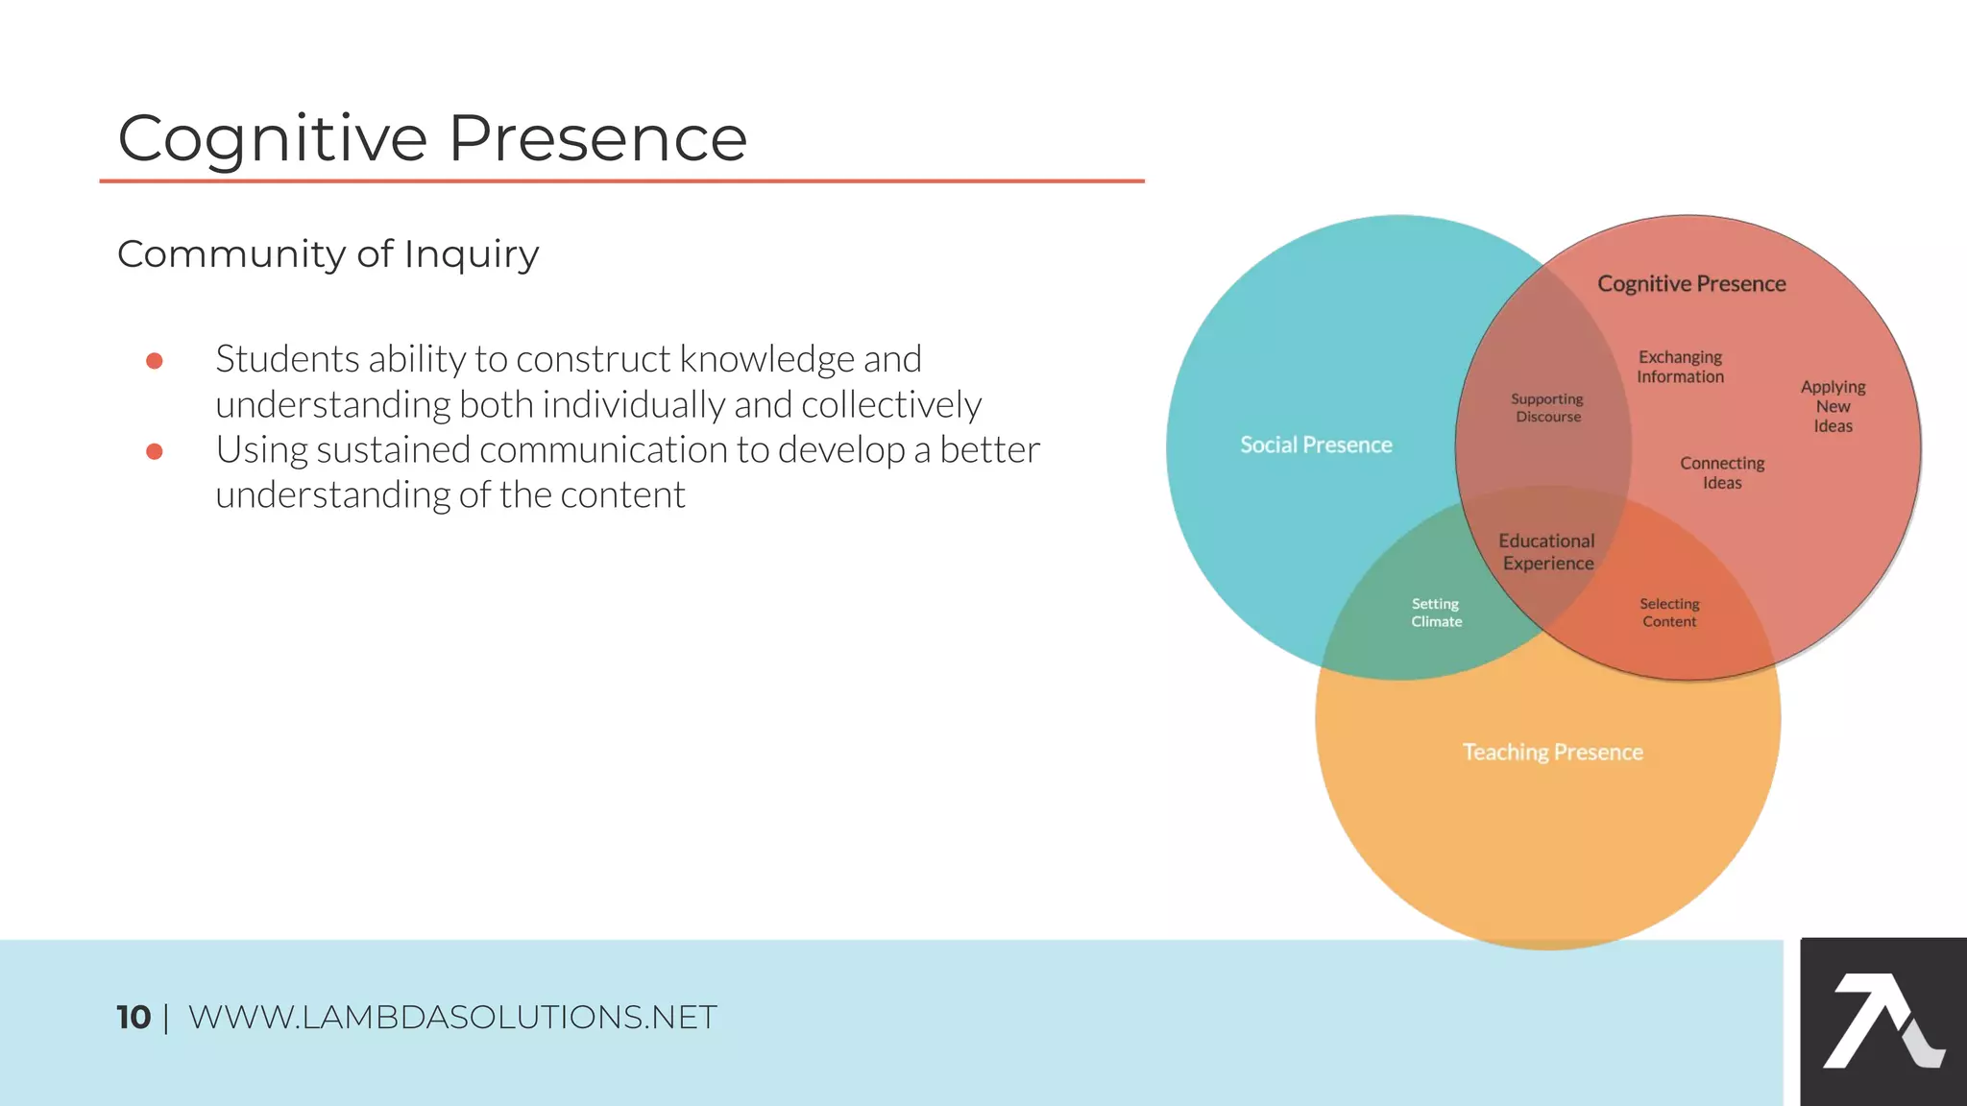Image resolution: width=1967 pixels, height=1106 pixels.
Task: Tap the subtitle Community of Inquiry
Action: [328, 254]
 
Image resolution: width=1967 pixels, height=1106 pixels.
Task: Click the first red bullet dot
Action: [154, 361]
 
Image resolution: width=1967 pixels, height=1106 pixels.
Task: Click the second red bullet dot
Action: [154, 451]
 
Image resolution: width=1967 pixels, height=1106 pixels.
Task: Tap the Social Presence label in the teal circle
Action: [1315, 445]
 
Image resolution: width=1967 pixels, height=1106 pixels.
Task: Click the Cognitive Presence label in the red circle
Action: [1690, 283]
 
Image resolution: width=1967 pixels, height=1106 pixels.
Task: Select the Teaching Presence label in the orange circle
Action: [1551, 752]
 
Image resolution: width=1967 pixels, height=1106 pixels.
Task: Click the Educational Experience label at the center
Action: [1547, 552]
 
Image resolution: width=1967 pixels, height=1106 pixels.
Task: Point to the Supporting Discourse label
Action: [1547, 407]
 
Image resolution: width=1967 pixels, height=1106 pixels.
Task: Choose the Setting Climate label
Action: [1436, 613]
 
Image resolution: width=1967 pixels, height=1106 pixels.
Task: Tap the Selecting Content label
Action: [1669, 613]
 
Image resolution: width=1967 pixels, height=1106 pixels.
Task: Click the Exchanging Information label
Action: [1680, 367]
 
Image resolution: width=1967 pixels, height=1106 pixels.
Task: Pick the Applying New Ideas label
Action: [1833, 406]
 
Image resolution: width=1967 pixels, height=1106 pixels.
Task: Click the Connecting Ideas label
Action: [1722, 472]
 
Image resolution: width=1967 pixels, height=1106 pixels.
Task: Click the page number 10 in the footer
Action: [134, 1018]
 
